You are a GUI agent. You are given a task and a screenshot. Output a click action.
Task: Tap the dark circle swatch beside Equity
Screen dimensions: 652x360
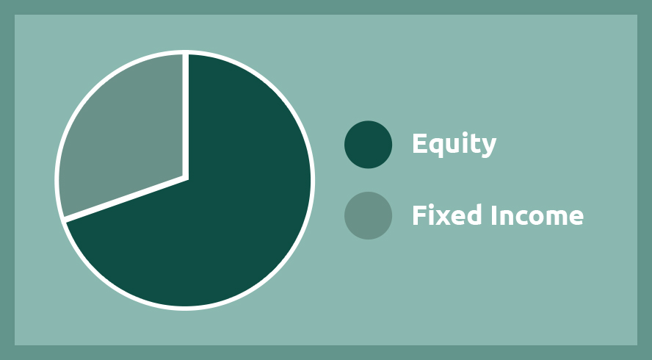pos(368,145)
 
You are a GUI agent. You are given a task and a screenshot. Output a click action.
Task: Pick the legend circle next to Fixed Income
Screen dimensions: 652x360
pos(368,215)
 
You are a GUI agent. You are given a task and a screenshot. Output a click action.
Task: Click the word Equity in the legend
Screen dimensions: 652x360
pos(454,145)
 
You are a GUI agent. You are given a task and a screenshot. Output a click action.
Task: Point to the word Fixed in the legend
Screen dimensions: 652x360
pos(447,215)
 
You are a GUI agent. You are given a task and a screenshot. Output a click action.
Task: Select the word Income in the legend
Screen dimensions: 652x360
pos(537,215)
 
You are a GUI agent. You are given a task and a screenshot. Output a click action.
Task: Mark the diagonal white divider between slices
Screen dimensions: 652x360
pos(125,199)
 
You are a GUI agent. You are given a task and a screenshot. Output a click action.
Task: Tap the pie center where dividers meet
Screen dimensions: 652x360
pos(186,178)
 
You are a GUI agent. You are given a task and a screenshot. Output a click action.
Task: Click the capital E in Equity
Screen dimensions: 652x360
pos(420,143)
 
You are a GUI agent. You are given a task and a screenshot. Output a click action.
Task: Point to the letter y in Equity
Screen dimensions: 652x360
pos(488,148)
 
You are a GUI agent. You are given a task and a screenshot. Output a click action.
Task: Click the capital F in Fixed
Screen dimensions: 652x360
pos(419,215)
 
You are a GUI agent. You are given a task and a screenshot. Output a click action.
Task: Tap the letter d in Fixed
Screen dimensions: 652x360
pos(474,215)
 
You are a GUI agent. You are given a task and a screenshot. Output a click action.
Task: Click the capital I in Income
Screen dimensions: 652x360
pos(494,215)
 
